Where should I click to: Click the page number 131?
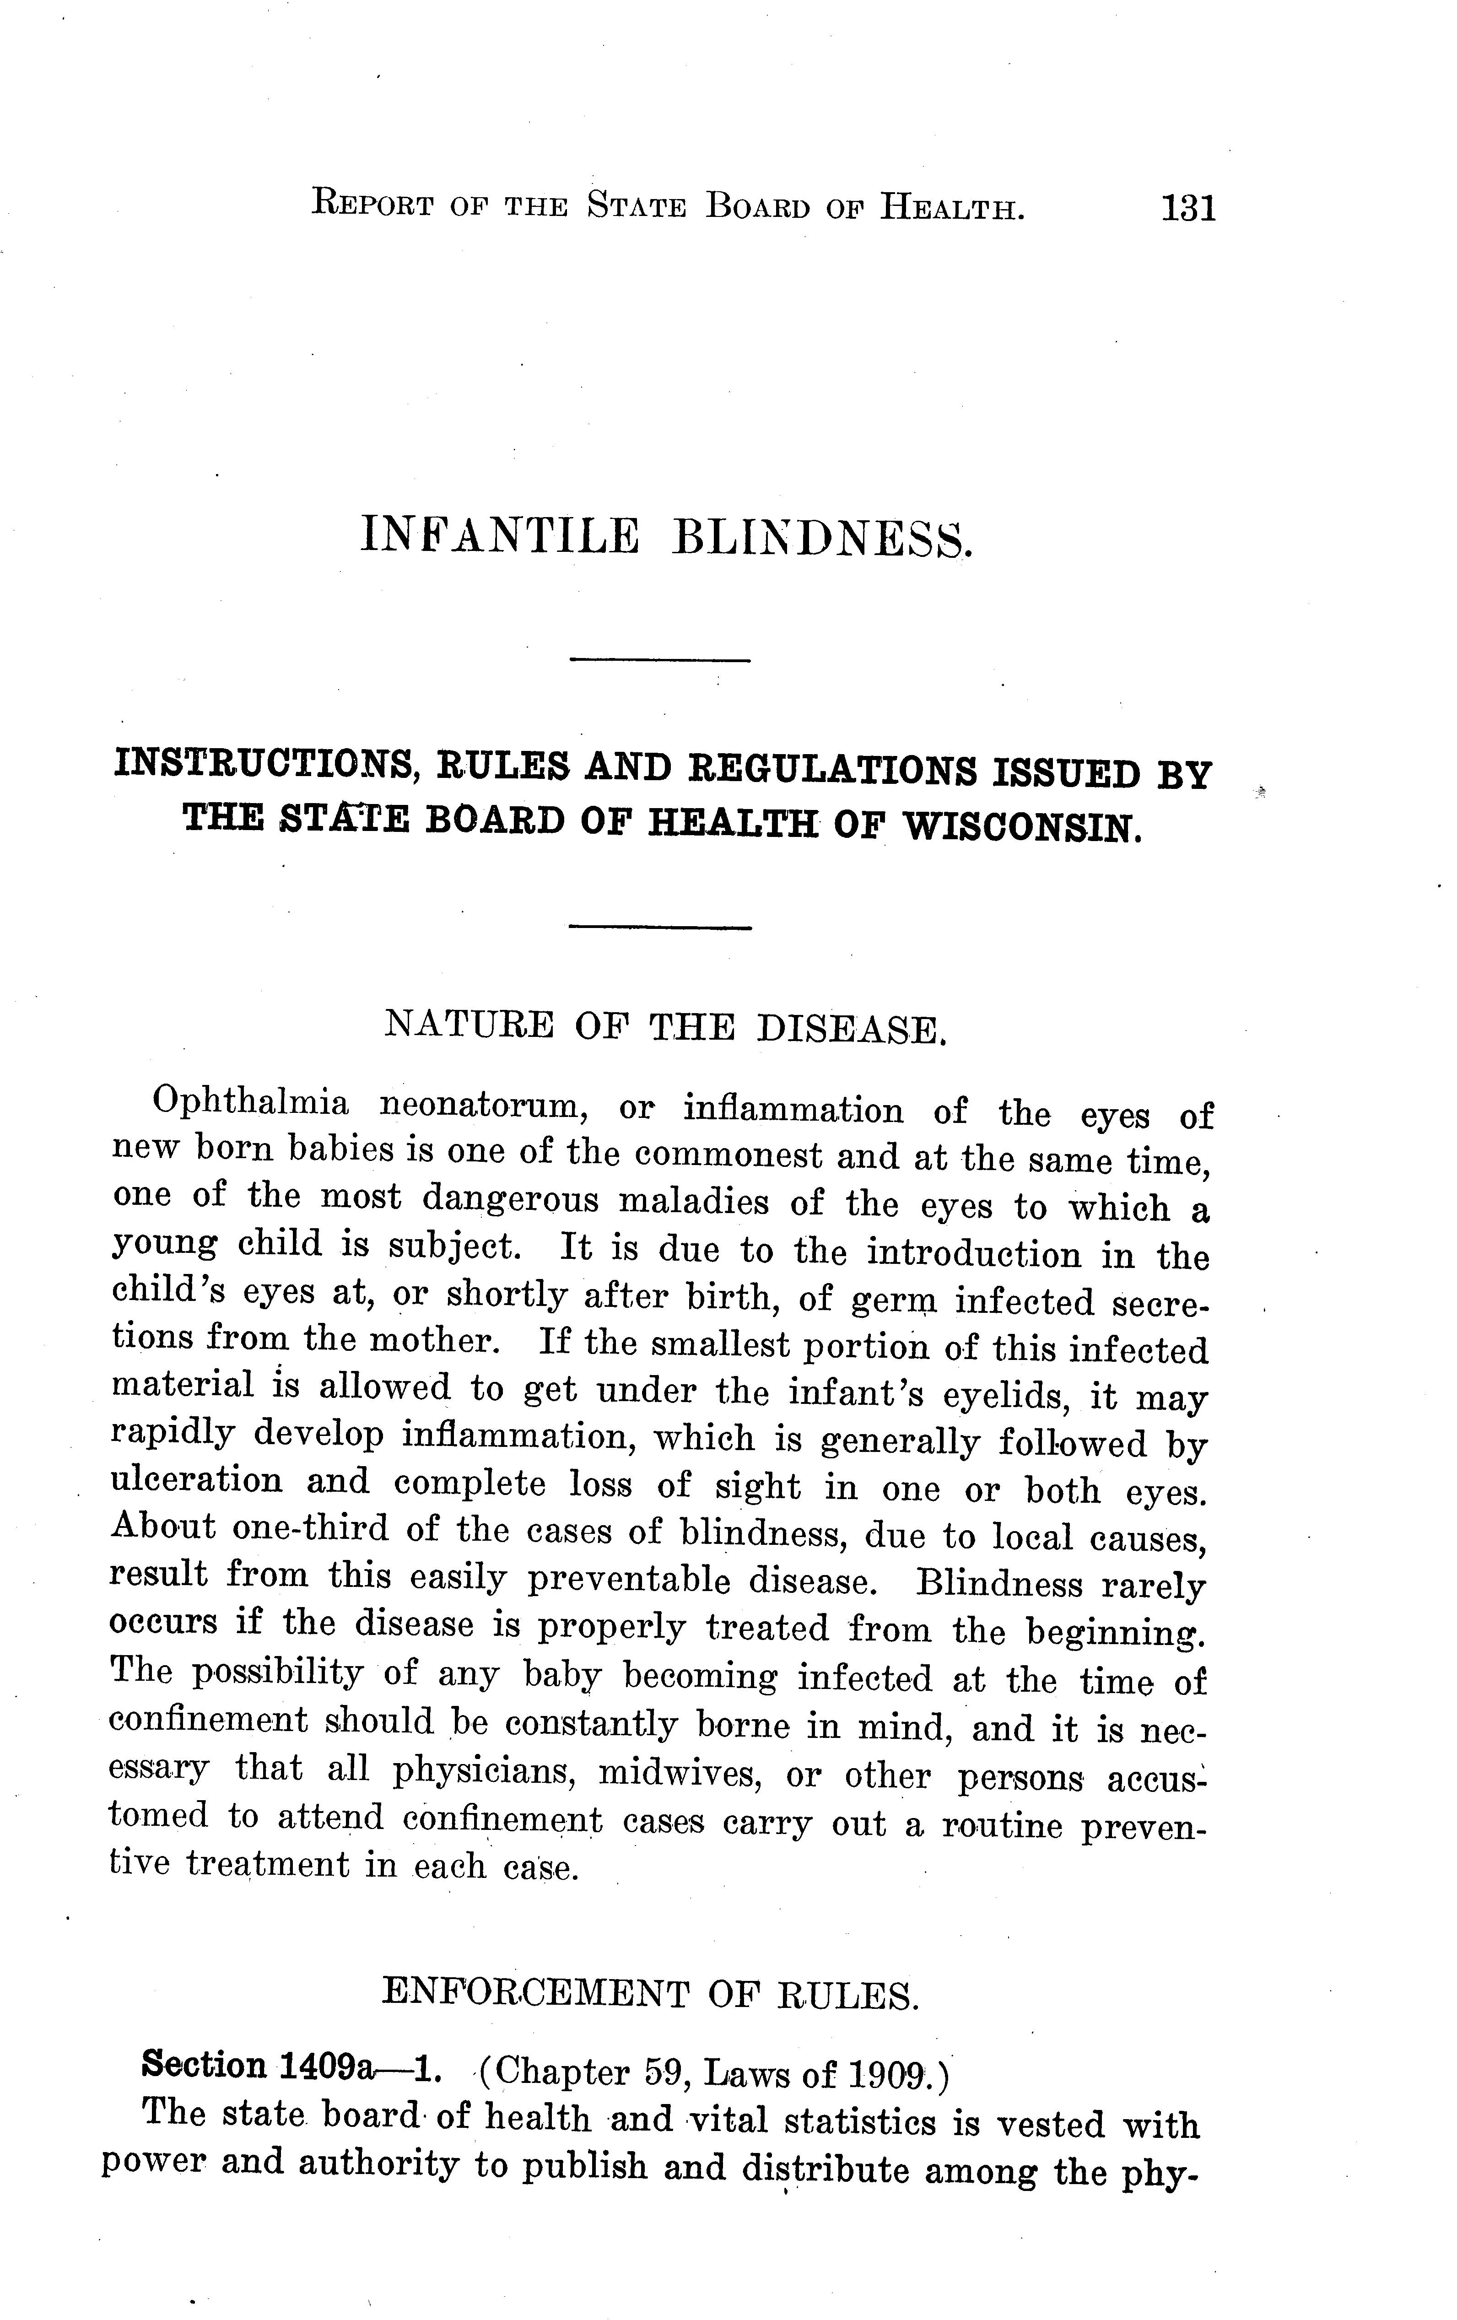pyautogui.click(x=1189, y=208)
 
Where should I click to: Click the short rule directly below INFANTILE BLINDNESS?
pyautogui.click(x=660, y=660)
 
